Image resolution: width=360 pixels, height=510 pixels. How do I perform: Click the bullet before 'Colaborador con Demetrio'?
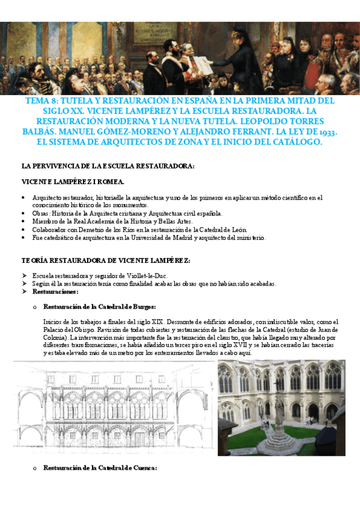pyautogui.click(x=23, y=229)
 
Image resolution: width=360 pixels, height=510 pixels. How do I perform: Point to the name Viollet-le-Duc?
pyautogui.click(x=150, y=276)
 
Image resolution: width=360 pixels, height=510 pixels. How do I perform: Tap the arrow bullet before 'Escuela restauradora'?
pyautogui.click(x=24, y=276)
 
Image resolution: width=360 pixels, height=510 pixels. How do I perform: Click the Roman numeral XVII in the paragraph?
pyautogui.click(x=243, y=346)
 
